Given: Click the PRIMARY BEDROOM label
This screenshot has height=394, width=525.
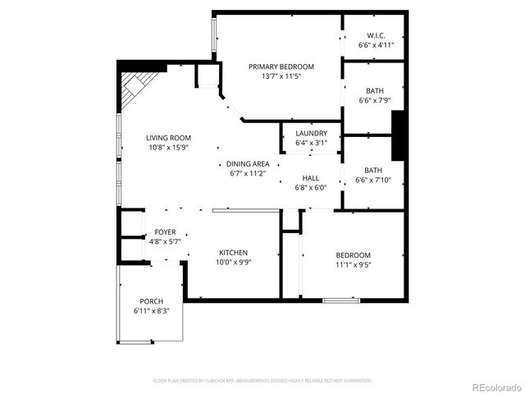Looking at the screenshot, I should [x=281, y=66].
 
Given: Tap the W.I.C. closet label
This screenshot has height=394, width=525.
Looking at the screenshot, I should [x=377, y=35].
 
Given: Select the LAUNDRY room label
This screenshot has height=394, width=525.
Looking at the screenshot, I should [x=311, y=133].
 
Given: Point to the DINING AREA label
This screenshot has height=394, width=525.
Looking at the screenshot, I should [x=248, y=163].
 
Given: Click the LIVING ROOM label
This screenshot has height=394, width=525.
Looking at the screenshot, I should [x=169, y=138].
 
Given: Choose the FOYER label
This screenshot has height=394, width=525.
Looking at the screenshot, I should [x=165, y=232].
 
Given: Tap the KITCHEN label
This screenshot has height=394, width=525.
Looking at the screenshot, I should [x=233, y=253].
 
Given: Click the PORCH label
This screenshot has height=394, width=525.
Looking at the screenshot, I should [x=151, y=301].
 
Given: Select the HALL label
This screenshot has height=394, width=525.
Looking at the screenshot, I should [x=311, y=177].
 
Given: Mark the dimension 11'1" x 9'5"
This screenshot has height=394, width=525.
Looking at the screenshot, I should [x=353, y=265].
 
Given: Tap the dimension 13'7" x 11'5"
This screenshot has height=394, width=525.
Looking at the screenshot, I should [x=281, y=76].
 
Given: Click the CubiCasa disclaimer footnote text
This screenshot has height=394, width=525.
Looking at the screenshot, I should [x=262, y=381].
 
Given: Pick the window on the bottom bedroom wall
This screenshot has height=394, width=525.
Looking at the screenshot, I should [x=341, y=300].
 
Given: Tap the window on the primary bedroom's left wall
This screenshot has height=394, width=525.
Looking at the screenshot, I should [x=215, y=38].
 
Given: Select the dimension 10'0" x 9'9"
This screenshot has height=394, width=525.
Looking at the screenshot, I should [x=233, y=263].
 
